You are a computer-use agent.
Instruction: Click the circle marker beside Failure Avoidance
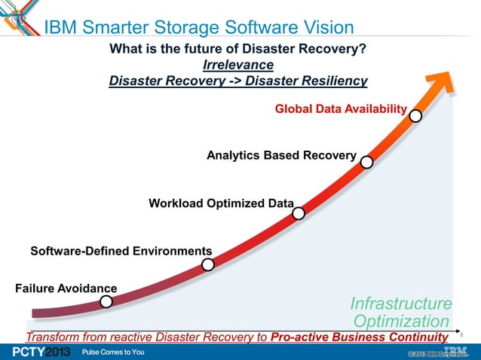[x=106, y=301]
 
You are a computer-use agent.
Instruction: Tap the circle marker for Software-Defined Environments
[x=208, y=264]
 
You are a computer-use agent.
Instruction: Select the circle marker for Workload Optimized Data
[x=299, y=213]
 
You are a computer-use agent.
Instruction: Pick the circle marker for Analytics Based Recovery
[x=366, y=162]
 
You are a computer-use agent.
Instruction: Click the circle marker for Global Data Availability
[x=415, y=115]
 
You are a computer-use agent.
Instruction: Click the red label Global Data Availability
[x=341, y=109]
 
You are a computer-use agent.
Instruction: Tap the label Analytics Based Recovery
[x=281, y=156]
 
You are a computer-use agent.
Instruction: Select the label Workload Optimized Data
[x=221, y=203]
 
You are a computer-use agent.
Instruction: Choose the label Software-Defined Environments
[x=121, y=250]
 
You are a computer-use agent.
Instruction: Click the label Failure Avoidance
[x=66, y=288]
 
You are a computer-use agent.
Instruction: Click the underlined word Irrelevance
[x=237, y=65]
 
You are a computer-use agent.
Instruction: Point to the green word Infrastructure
[x=401, y=304]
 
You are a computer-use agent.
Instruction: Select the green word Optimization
[x=401, y=322]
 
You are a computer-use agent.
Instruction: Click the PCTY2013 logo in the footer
[x=36, y=352]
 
